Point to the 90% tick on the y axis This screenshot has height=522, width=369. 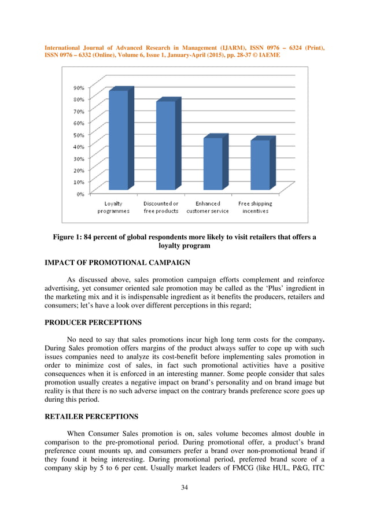[78, 88]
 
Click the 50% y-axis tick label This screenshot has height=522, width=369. [78, 135]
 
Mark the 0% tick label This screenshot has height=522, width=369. [80, 194]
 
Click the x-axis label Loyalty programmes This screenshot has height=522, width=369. [113, 208]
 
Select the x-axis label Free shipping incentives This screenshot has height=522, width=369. [255, 208]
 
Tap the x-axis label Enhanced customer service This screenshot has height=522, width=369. [208, 208]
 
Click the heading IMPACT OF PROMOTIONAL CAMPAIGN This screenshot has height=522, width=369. [117, 262]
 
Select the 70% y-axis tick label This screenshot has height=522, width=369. [78, 111]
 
